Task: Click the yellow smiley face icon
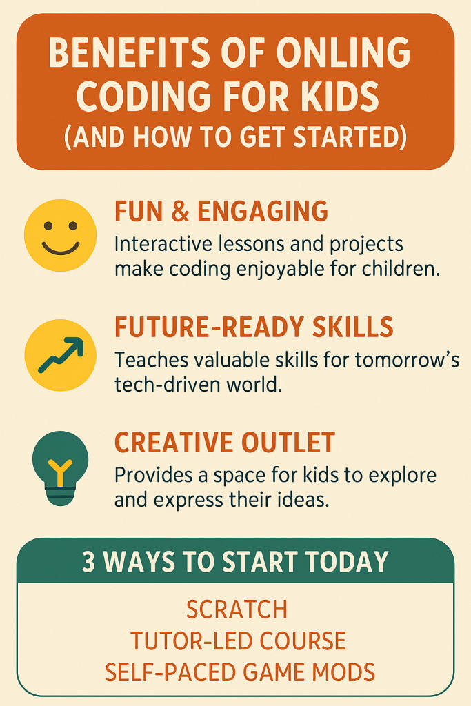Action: point(60,236)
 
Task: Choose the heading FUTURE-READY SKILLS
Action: point(254,327)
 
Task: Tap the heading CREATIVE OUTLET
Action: point(225,442)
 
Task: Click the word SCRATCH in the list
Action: point(236,609)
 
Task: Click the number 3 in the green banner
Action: point(89,562)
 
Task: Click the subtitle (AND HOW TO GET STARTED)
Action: point(235,136)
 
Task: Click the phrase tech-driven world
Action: point(199,385)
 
